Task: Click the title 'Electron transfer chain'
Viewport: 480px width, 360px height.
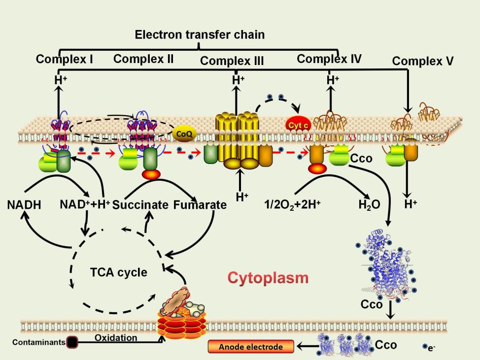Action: [x=200, y=35]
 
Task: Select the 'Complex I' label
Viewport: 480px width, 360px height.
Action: [x=65, y=60]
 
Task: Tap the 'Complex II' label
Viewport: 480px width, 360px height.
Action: [x=143, y=59]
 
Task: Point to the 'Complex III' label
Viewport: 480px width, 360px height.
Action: [x=232, y=61]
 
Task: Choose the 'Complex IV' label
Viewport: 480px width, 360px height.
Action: [x=329, y=59]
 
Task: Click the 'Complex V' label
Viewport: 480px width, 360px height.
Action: [x=423, y=62]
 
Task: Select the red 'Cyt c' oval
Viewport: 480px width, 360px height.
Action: [x=299, y=126]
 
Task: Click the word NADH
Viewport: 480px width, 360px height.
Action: [x=24, y=204]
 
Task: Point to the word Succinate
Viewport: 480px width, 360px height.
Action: [x=140, y=205]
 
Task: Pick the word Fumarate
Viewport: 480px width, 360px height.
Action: [x=200, y=205]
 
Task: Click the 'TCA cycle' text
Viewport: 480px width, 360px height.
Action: [x=118, y=272]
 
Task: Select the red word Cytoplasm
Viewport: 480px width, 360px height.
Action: [x=268, y=278]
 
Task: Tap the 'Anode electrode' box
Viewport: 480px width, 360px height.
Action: [x=251, y=347]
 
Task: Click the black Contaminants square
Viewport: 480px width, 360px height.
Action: [x=72, y=342]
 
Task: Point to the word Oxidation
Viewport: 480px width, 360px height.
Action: [x=116, y=338]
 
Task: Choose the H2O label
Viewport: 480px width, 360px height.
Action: [x=369, y=204]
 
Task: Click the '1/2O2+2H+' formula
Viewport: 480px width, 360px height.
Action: [x=293, y=204]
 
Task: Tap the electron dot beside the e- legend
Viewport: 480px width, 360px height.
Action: [x=425, y=347]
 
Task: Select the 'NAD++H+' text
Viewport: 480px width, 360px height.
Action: [x=85, y=204]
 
